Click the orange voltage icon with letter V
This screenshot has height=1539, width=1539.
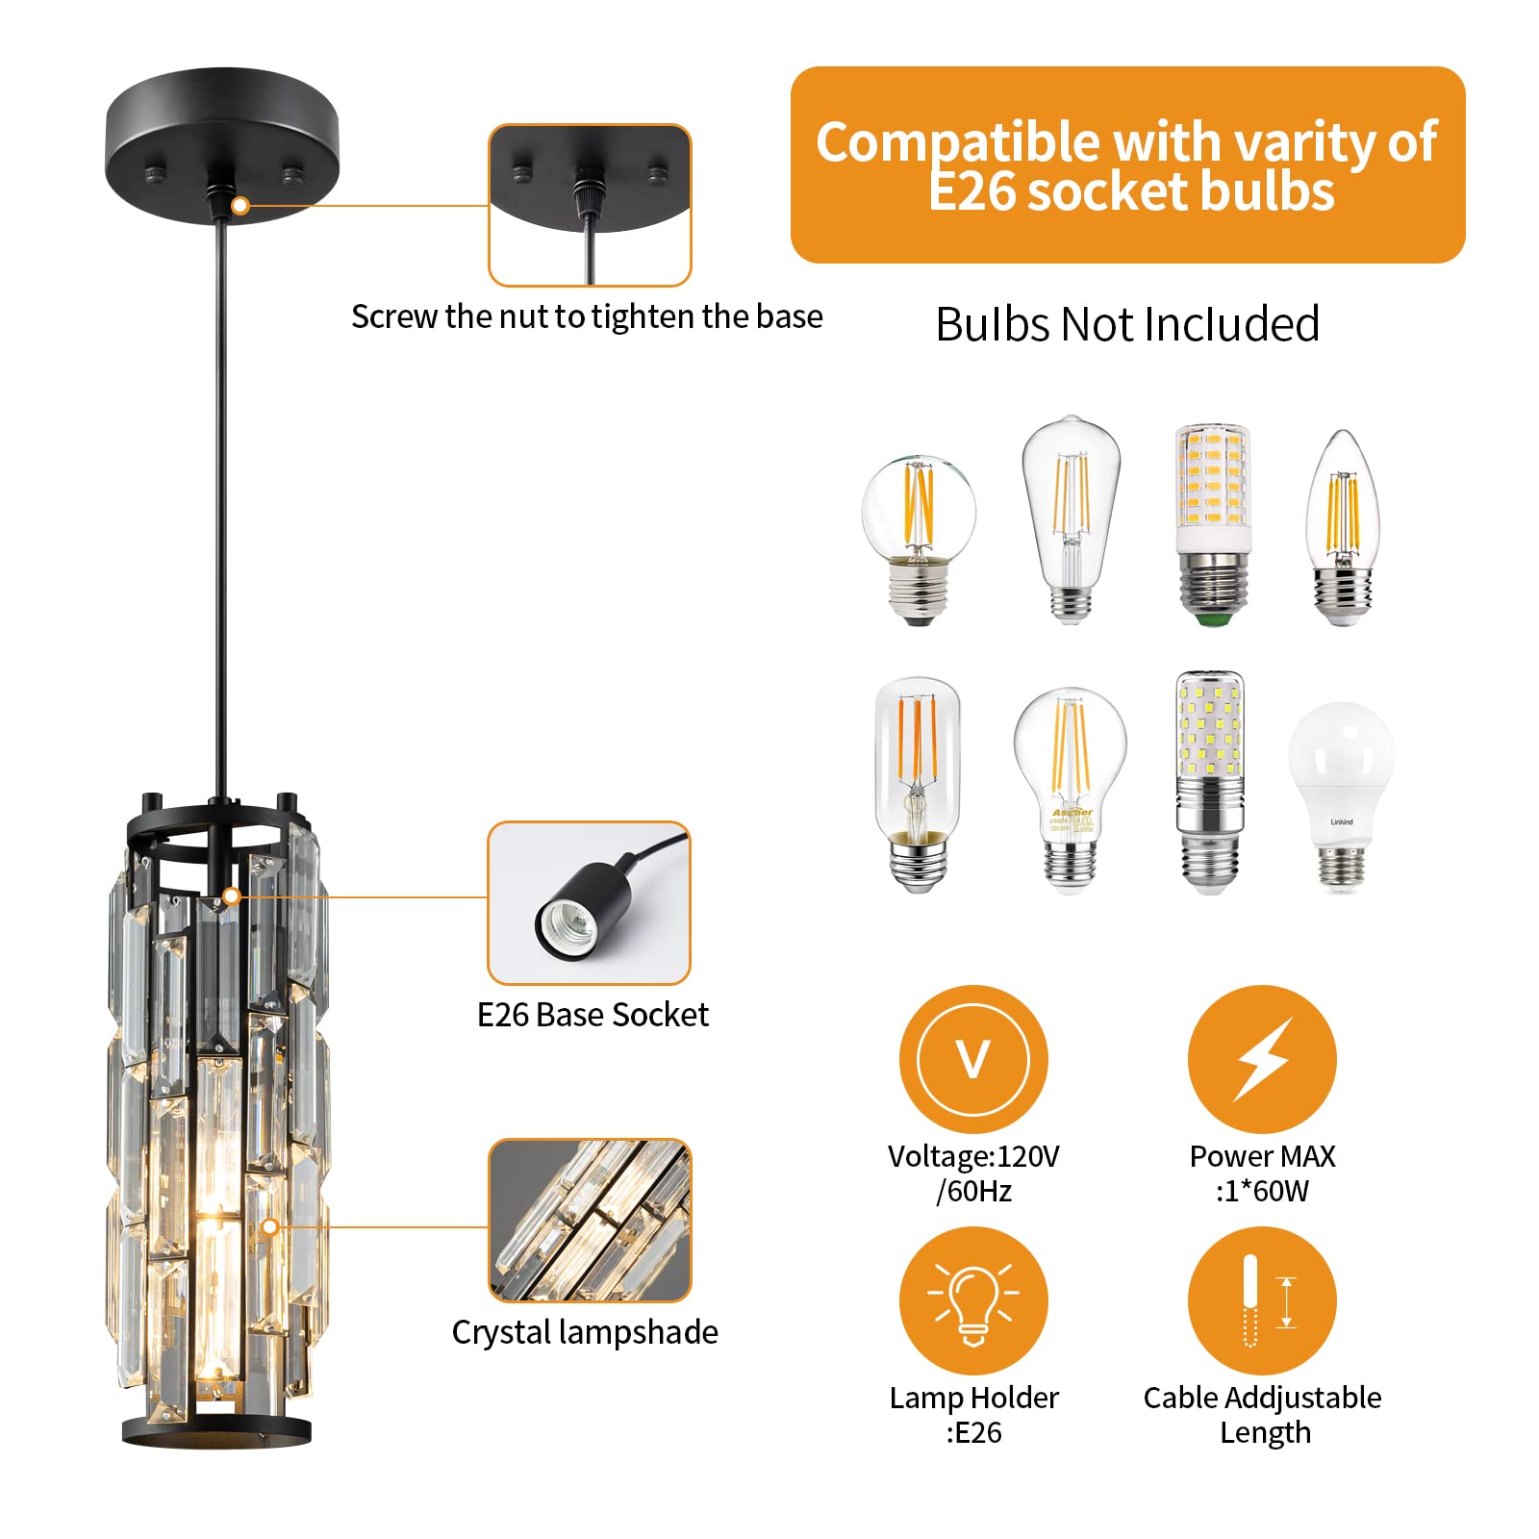973,1059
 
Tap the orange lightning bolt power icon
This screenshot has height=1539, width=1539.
1262,1059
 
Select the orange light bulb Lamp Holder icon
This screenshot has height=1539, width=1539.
973,1300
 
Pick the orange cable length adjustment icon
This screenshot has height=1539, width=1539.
1262,1300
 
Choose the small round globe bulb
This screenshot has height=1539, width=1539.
919,539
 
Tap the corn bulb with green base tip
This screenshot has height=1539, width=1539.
1213,524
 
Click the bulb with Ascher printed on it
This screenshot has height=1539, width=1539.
1070,789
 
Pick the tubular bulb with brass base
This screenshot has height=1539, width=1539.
918,784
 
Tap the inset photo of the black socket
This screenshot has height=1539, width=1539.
590,902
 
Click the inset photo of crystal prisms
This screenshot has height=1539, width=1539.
590,1220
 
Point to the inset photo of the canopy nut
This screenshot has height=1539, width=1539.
590,204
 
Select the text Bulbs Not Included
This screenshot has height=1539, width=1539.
1127,324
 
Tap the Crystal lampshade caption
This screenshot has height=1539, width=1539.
585,1332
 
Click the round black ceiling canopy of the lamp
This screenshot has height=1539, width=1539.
221,144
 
